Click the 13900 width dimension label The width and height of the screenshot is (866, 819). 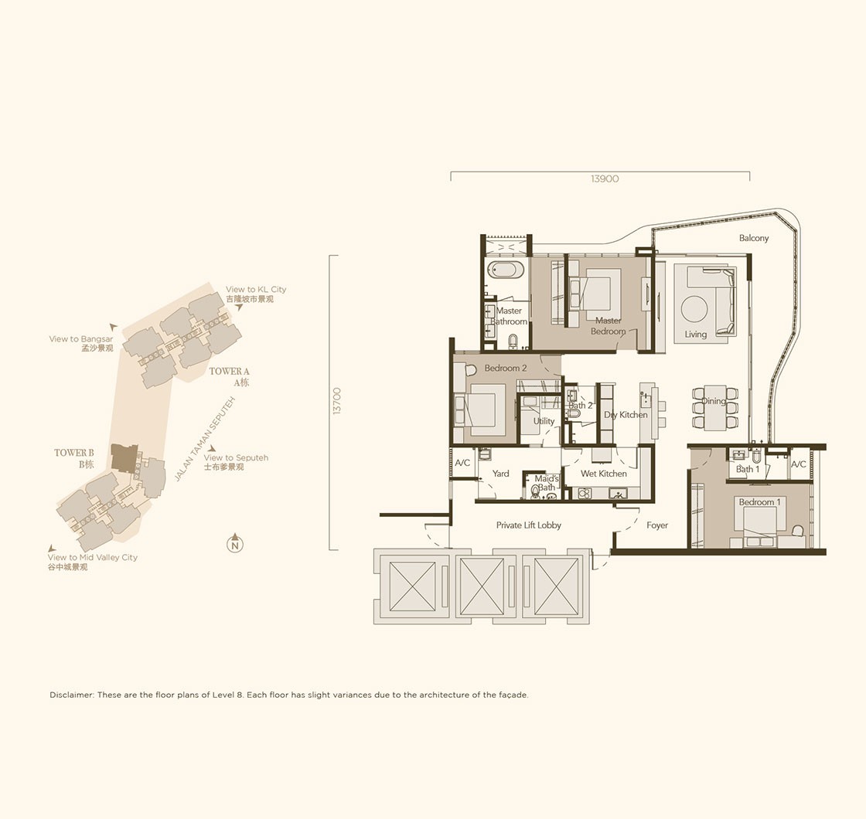605,178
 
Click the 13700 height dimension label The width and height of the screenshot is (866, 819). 337,401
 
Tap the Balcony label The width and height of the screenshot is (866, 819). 754,238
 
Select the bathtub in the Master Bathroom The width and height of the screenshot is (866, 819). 506,270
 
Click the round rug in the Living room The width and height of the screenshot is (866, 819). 694,309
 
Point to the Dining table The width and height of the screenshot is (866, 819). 714,408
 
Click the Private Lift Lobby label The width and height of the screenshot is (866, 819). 529,525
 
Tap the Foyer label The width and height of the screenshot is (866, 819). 657,525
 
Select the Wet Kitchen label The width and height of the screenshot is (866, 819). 604,474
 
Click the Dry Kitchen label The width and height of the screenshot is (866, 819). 626,414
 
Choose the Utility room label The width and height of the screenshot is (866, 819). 544,421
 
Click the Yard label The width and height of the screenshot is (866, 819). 501,474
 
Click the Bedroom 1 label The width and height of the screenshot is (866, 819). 760,502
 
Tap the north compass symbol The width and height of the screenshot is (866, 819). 235,544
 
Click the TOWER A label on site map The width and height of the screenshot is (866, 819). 229,372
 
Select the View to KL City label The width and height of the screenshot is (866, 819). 256,289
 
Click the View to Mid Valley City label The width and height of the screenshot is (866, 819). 93,557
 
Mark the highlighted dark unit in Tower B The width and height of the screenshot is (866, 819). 124,457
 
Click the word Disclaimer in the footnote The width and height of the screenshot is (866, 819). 72,695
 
